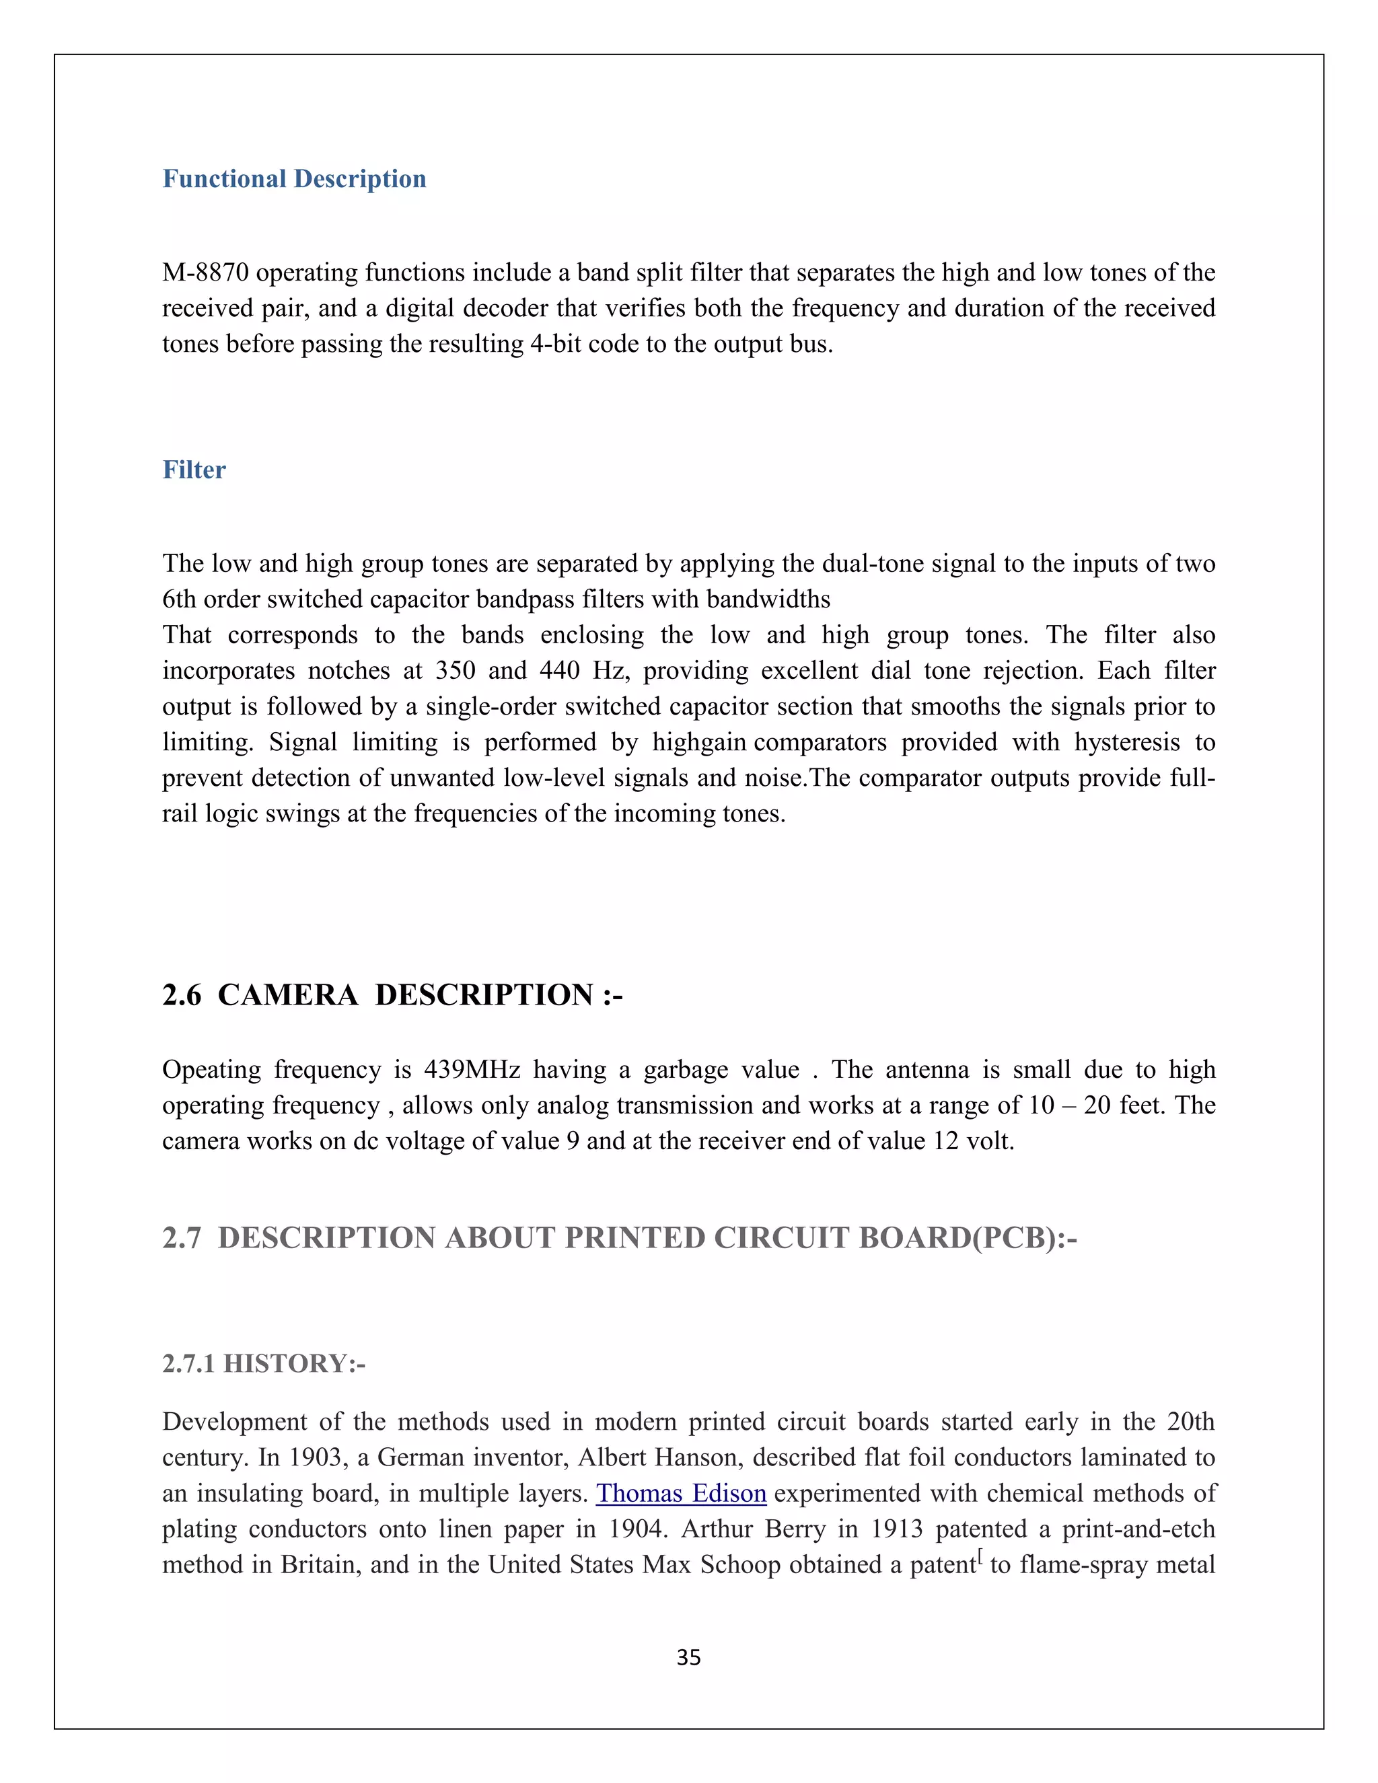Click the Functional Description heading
tap(294, 179)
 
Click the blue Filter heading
tap(194, 470)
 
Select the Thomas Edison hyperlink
tap(681, 1492)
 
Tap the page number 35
tap(688, 1657)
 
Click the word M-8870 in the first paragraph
tap(206, 272)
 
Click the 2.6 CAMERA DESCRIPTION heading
tap(392, 994)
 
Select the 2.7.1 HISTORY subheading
tap(264, 1363)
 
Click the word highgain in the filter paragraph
tap(699, 741)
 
